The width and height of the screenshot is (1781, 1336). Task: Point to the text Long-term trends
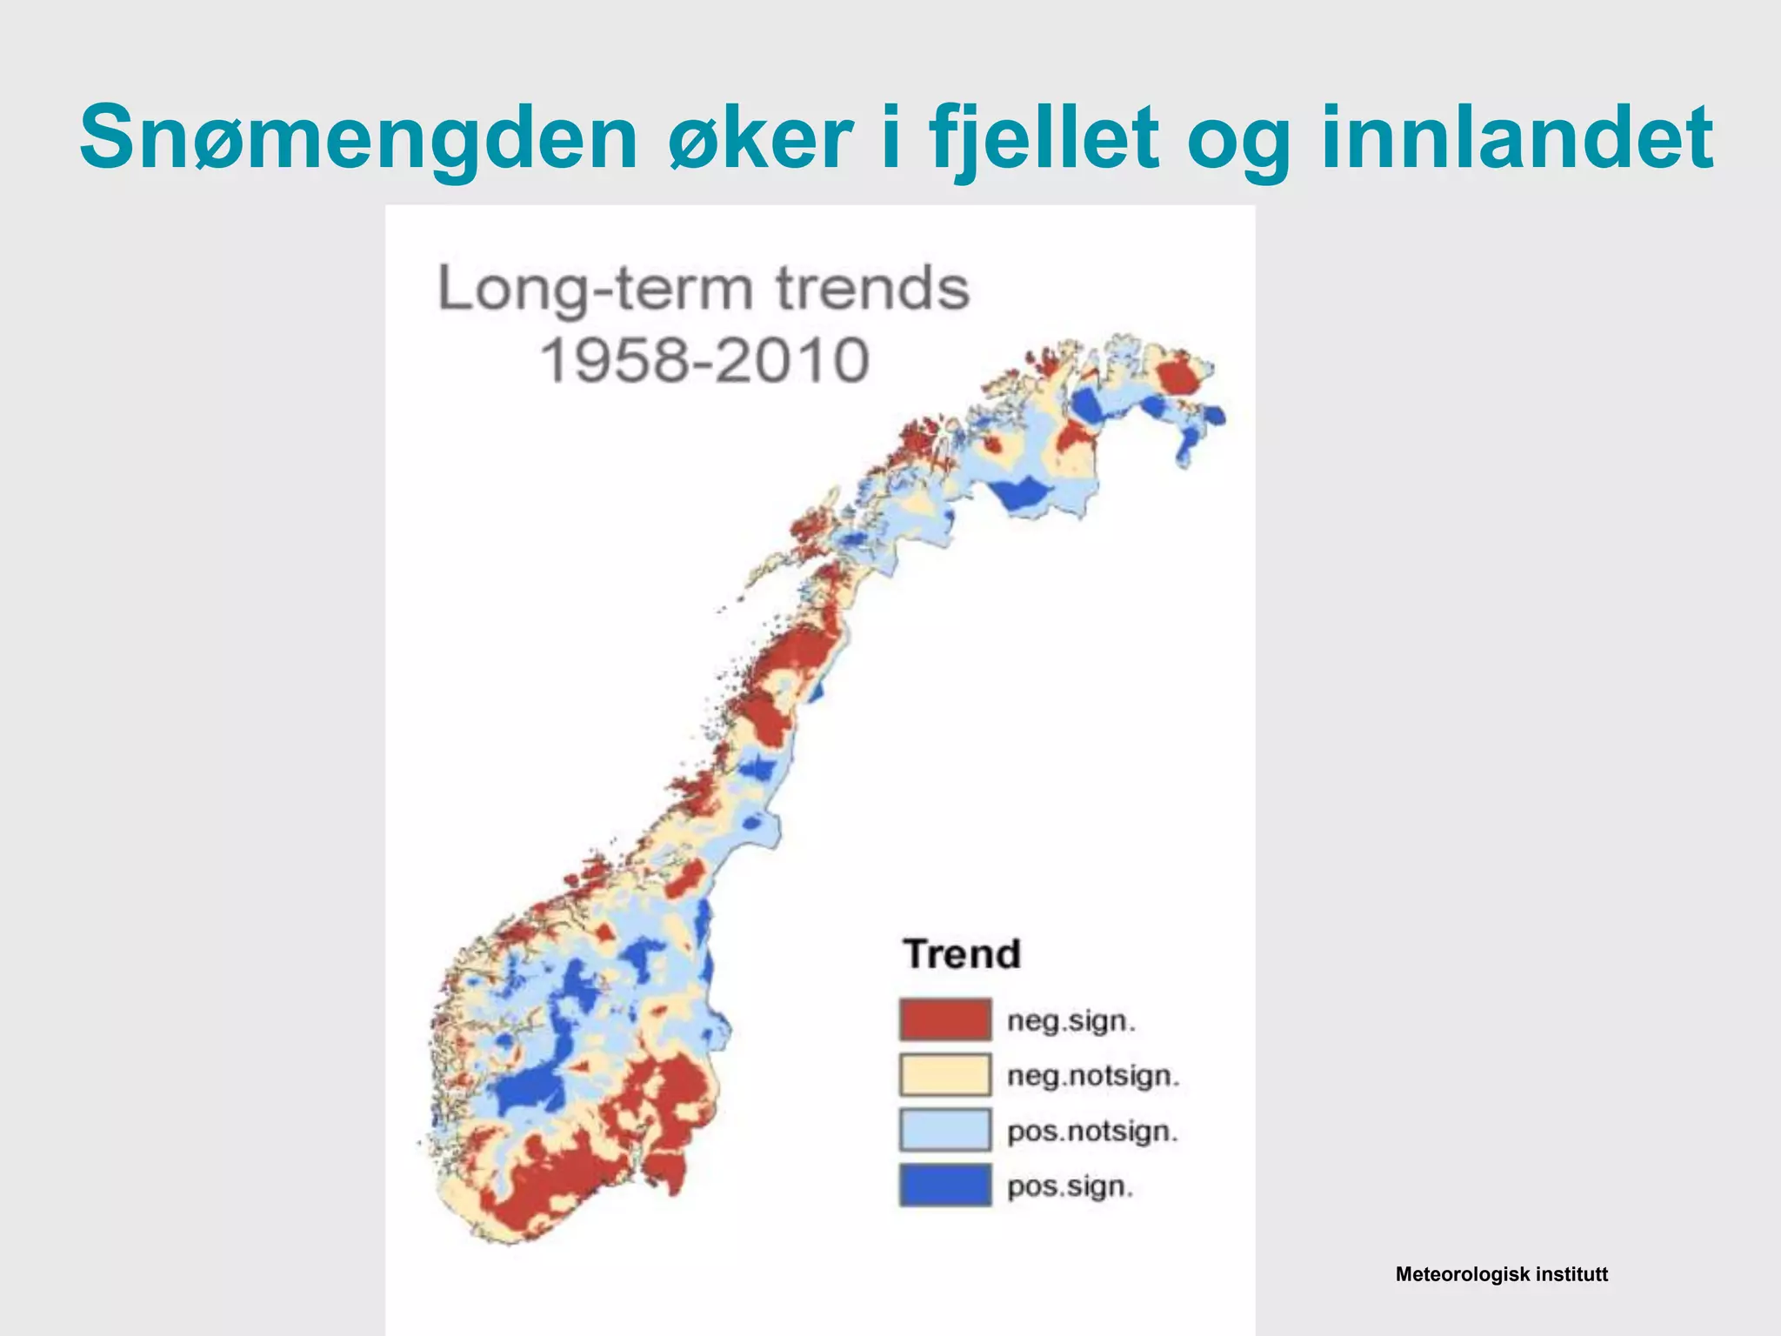tap(703, 289)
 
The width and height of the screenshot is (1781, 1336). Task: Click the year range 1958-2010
tap(704, 360)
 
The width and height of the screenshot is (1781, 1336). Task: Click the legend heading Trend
tap(962, 954)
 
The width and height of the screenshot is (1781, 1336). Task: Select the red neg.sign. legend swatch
tap(945, 1019)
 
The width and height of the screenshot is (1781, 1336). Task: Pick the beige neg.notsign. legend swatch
tap(945, 1075)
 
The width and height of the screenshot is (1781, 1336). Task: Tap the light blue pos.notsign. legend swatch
tap(945, 1130)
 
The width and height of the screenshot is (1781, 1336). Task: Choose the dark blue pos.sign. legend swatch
tap(945, 1186)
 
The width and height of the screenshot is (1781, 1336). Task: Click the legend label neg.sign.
tap(1071, 1021)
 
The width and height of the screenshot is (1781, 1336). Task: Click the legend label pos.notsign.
tap(1092, 1132)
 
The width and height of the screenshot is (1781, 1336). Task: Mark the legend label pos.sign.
tap(1071, 1187)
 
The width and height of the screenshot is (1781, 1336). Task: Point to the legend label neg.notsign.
tap(1093, 1077)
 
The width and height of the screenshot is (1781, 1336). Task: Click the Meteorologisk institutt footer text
tap(1501, 1275)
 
